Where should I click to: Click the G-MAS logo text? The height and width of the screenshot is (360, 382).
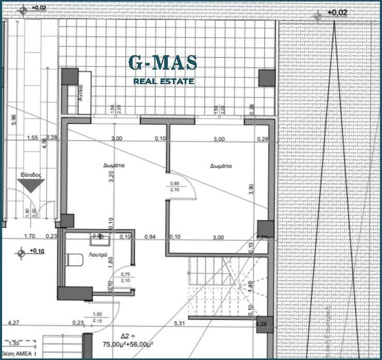point(163,63)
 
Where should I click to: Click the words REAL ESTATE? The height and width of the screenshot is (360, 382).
point(164,81)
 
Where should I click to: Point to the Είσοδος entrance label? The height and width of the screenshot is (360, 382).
point(30,175)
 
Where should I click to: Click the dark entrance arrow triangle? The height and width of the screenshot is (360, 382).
point(31,185)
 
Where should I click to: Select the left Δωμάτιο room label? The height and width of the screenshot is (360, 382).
point(114,166)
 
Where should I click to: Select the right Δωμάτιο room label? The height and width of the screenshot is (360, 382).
point(221,166)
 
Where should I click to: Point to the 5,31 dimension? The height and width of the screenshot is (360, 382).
point(180,323)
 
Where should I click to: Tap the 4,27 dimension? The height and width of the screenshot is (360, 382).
point(14,323)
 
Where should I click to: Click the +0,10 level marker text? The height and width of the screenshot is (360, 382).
point(37,251)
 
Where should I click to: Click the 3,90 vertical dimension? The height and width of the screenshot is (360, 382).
point(251,189)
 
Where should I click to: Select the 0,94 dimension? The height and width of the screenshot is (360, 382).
point(150,237)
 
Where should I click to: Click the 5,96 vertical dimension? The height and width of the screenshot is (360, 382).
point(14,119)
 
